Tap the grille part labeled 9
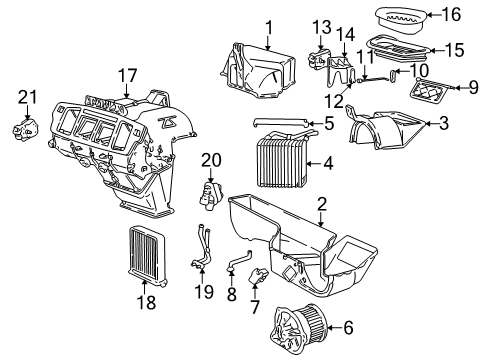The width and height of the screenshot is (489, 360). pos(434,97)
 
